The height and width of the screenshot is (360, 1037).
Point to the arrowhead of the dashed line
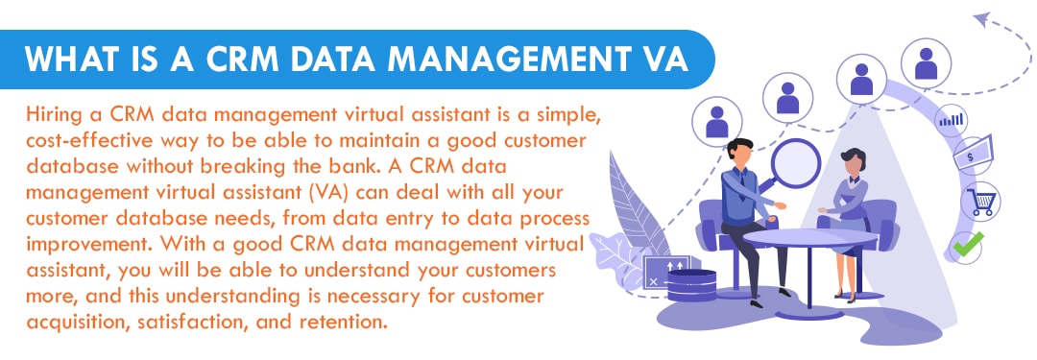[980, 17]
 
